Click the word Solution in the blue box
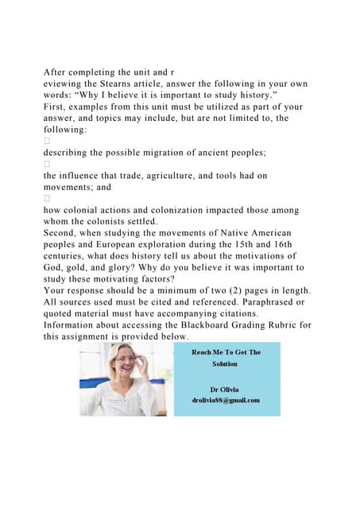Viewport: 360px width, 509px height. (225, 363)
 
